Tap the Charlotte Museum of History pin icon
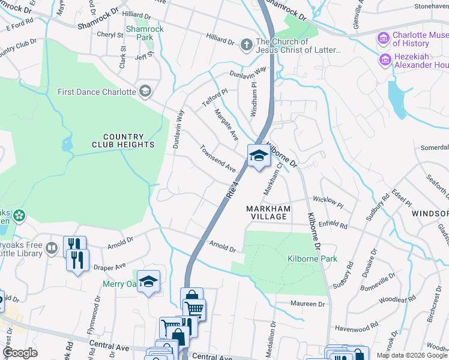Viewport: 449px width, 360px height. (383, 39)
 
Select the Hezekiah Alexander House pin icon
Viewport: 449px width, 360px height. (383, 60)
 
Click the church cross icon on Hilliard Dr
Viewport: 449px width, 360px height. (246, 45)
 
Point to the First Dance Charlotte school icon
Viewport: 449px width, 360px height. (144, 91)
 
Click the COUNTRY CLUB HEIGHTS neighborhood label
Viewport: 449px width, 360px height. (123, 141)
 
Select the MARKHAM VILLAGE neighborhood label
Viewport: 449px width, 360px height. (268, 212)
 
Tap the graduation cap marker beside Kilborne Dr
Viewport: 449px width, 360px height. (258, 157)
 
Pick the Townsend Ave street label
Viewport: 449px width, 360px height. (218, 158)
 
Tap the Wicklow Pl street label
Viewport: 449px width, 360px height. (328, 204)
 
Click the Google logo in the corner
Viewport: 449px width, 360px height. (20, 352)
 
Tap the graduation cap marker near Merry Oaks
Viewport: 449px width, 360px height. (148, 281)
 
